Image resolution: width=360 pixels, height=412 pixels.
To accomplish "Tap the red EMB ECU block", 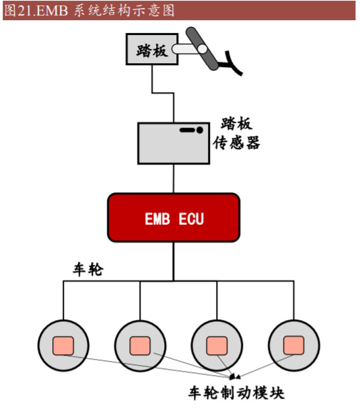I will click(174, 217).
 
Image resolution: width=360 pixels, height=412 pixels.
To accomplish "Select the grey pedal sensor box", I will click(174, 142).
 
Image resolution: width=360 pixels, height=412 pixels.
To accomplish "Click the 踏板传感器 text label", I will click(236, 134).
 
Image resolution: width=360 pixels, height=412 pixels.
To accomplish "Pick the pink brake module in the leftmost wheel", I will click(64, 345).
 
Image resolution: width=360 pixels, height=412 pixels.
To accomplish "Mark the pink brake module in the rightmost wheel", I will click(293, 345).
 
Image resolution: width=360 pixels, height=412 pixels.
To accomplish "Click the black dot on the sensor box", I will click(200, 130).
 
